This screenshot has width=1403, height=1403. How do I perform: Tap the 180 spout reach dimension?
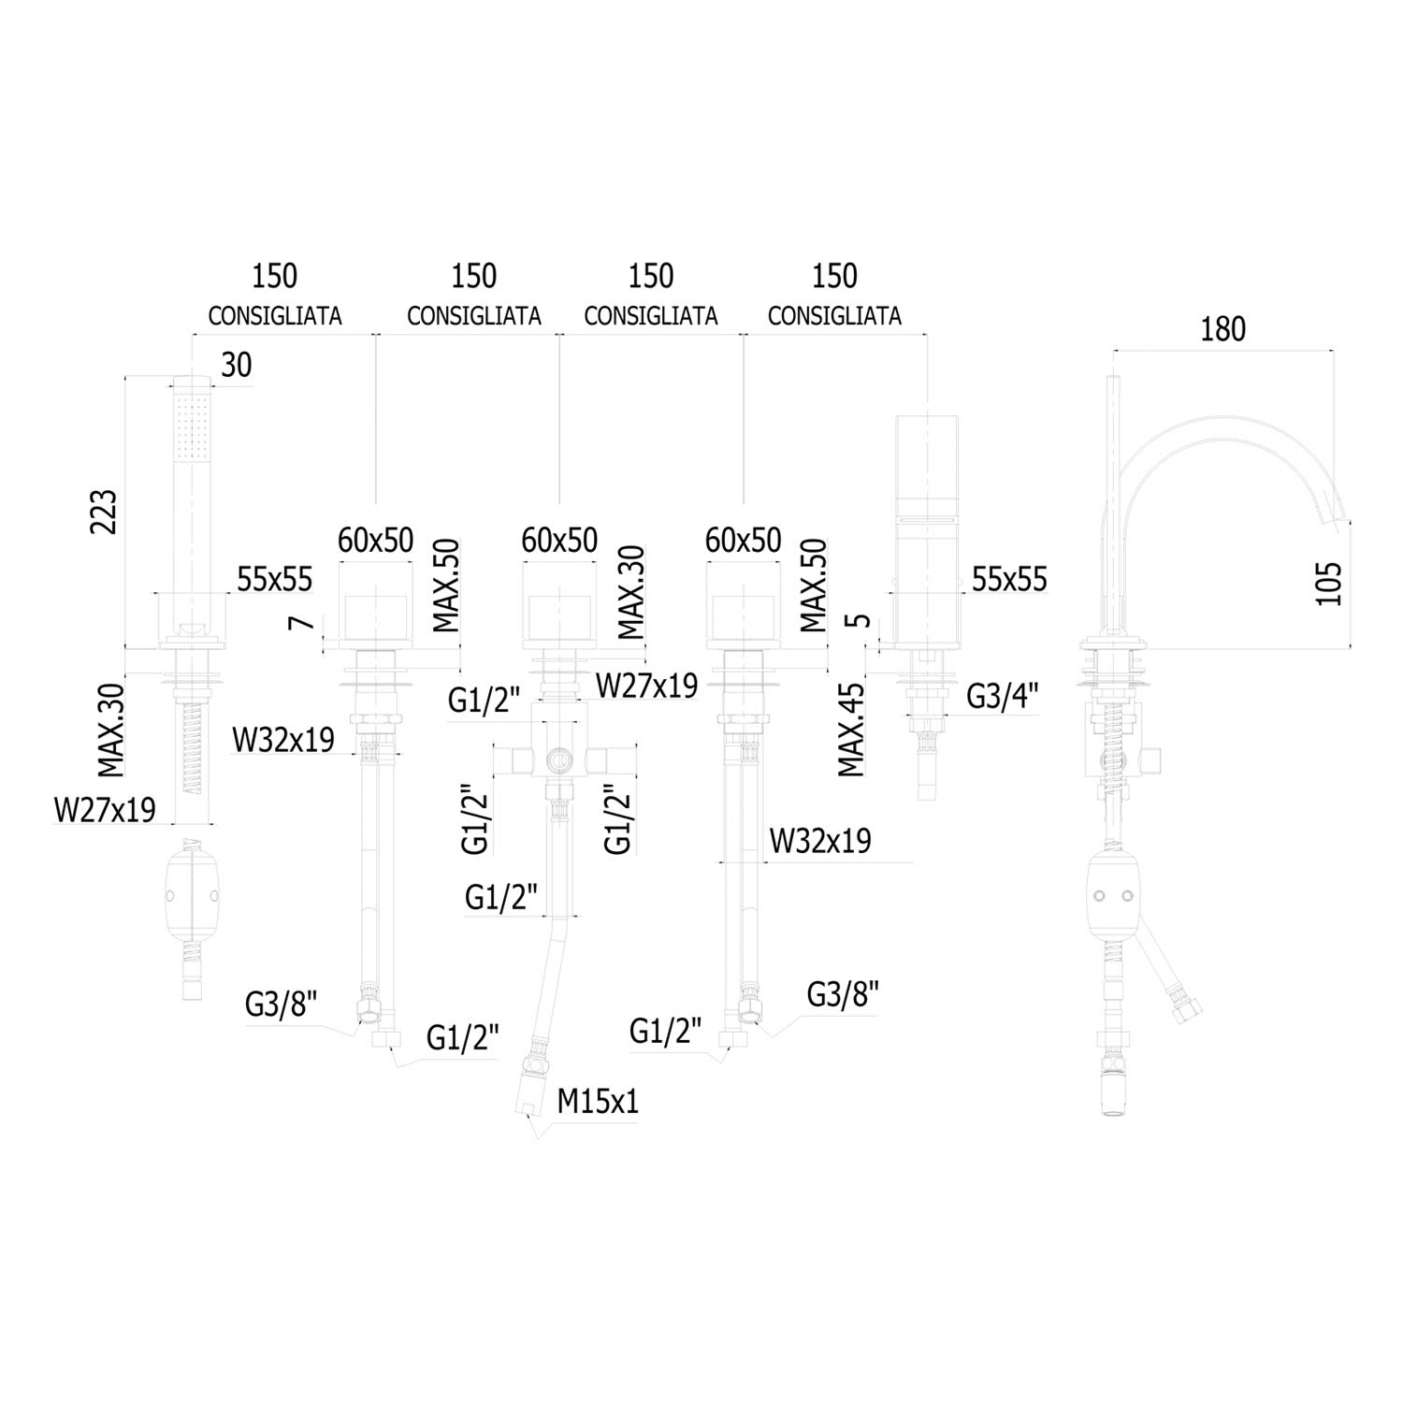point(1223,329)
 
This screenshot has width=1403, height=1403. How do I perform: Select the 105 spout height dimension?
point(1328,582)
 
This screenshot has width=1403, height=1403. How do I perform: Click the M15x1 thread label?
point(598,1101)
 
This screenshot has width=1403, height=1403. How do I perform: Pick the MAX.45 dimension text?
point(851,730)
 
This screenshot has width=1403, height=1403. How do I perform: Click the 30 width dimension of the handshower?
point(236,365)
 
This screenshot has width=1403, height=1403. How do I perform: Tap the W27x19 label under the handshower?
point(105,810)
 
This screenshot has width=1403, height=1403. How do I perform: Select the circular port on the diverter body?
point(558,759)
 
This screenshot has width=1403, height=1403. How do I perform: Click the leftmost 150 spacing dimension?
point(274,276)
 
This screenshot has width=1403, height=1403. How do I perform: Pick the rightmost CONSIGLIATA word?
point(834,316)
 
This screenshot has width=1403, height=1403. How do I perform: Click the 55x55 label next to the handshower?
point(274,579)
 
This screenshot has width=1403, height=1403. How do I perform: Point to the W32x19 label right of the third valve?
point(819,841)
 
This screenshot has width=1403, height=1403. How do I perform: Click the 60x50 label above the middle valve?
point(559,540)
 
